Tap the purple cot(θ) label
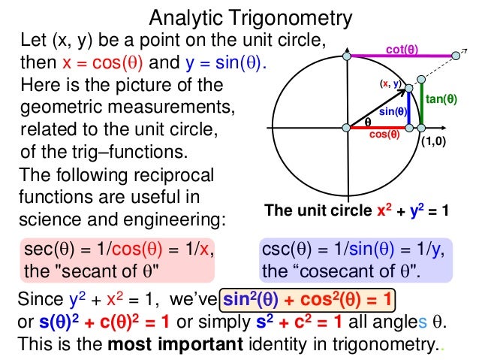coord(402,50)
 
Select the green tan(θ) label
coord(441,98)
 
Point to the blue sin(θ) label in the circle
coord(393,112)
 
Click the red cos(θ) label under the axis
coord(384,138)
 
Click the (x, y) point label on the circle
coord(390,83)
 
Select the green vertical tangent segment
coord(422,105)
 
